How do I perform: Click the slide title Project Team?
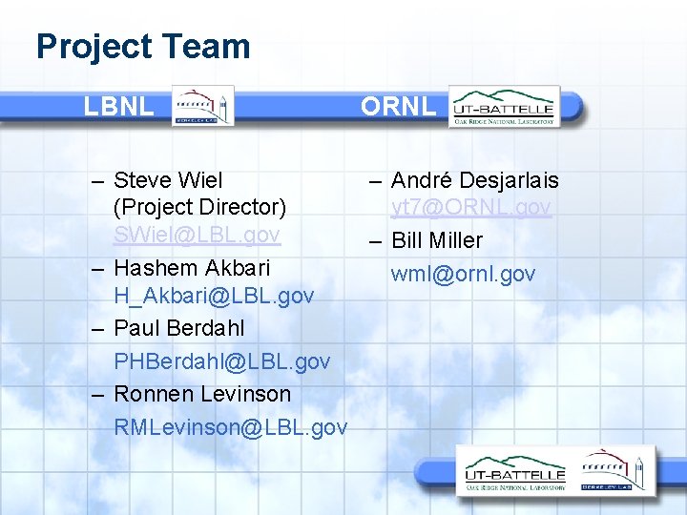143,46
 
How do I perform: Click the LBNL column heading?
118,106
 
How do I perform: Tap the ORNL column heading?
398,106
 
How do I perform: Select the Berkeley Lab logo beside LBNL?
201,106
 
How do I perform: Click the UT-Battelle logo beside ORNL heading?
504,106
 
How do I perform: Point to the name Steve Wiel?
168,180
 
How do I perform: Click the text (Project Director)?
199,207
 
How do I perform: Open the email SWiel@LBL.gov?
197,235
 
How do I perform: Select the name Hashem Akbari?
192,267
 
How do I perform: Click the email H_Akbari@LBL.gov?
214,297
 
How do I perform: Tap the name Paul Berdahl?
179,328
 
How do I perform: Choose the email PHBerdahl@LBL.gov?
222,361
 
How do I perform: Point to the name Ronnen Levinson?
202,393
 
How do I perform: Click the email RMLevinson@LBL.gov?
230,427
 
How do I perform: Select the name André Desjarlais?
475,180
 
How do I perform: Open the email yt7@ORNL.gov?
471,207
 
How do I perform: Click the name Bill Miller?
437,240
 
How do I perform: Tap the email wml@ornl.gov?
463,275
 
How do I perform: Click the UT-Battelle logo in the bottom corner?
515,474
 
